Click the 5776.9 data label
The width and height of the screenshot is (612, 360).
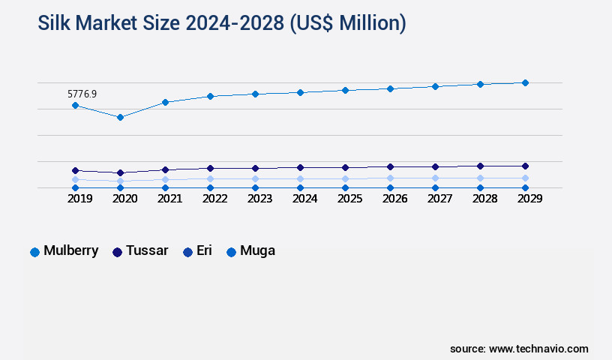(82, 94)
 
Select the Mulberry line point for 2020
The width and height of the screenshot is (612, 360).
(120, 117)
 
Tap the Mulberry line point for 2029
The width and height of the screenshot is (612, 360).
(525, 82)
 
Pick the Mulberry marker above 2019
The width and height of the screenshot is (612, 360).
(75, 105)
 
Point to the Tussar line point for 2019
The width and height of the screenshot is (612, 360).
(75, 170)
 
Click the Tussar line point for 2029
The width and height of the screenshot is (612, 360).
(525, 166)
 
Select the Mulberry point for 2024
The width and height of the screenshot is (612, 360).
(300, 92)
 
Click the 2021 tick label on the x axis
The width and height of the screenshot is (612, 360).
(169, 199)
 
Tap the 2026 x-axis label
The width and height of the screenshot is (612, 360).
(394, 199)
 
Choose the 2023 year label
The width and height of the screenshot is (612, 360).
(259, 199)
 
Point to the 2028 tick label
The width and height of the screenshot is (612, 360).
(484, 199)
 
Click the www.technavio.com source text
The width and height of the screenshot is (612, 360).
(538, 349)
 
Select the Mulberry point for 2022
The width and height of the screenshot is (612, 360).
(210, 96)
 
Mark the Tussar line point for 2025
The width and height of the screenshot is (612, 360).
(345, 167)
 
